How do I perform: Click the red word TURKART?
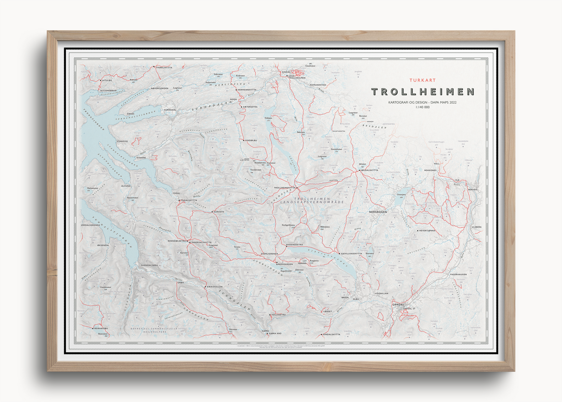[423, 80]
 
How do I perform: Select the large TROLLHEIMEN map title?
[423, 92]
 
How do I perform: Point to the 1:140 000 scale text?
[423, 107]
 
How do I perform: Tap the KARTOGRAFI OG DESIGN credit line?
[423, 102]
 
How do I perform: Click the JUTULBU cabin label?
[107, 80]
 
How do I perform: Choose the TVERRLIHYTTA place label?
[164, 67]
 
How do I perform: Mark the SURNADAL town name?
[170, 110]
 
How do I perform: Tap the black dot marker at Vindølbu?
[244, 140]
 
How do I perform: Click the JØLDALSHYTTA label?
[370, 170]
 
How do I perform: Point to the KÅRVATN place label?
[219, 212]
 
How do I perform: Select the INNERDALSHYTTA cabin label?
[201, 242]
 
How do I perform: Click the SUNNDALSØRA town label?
[149, 265]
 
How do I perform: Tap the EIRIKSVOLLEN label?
[215, 287]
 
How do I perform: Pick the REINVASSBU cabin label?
[101, 328]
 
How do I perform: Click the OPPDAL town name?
[398, 305]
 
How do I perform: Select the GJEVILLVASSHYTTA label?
[352, 254]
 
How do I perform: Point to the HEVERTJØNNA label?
[427, 231]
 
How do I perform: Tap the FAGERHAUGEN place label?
[458, 275]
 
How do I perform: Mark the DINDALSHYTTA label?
[332, 334]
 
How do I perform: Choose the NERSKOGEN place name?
[378, 212]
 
